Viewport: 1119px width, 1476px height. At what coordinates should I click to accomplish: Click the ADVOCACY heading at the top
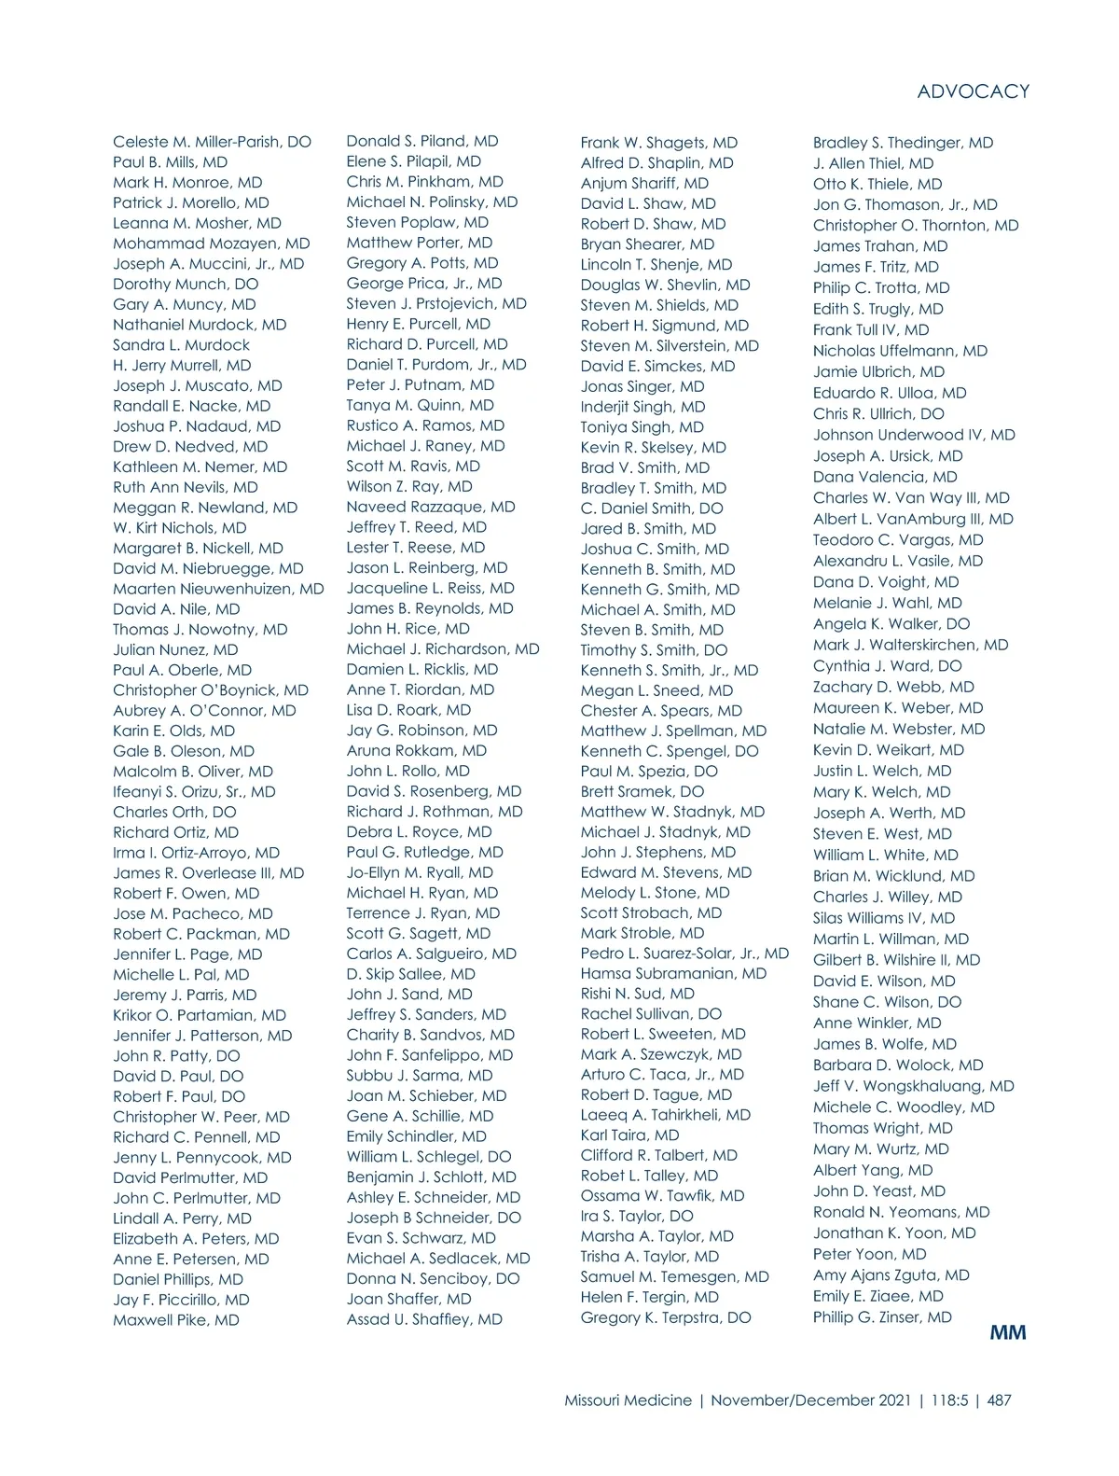tap(973, 91)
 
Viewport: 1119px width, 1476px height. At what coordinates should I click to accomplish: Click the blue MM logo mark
tap(1007, 1332)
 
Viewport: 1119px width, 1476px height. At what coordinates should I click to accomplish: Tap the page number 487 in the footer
tap(999, 1400)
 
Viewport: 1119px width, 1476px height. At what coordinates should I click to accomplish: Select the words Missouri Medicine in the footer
tap(628, 1400)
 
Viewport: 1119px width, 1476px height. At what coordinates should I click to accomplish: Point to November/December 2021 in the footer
tap(810, 1400)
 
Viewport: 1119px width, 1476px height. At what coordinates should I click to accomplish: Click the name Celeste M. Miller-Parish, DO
tap(212, 142)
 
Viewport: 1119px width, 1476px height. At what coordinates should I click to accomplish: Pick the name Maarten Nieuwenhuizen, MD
tap(218, 589)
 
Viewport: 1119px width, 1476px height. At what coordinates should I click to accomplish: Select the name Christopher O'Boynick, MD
tap(210, 690)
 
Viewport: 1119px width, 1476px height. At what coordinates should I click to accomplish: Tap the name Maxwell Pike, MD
tap(175, 1320)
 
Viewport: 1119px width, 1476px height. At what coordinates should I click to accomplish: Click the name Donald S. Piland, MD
tap(421, 141)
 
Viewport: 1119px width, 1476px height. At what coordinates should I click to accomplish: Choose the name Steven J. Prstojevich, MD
tap(436, 303)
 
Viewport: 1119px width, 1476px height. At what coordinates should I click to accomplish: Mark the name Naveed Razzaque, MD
tap(430, 507)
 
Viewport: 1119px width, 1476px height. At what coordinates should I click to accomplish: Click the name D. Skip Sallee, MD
tap(410, 974)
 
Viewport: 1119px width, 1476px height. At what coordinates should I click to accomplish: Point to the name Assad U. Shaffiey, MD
tap(424, 1319)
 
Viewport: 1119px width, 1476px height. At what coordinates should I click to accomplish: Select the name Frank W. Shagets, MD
tap(658, 143)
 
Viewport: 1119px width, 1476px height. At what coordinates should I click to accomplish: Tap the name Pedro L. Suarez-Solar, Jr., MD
tap(684, 954)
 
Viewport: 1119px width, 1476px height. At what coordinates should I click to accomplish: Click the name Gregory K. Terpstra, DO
tap(665, 1317)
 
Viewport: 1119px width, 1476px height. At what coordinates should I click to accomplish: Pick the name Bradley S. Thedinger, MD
tap(903, 143)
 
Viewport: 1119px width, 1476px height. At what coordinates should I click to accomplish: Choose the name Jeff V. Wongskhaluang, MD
tap(913, 1086)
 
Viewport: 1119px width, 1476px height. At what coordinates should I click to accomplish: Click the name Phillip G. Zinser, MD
tap(882, 1317)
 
